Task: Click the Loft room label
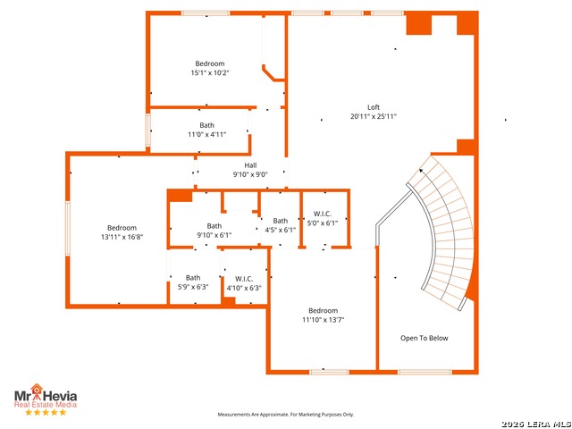point(373,107)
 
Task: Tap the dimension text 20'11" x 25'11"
point(373,117)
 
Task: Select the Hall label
point(250,165)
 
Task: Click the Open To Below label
point(425,338)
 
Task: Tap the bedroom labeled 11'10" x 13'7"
point(323,315)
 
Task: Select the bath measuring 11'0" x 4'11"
point(206,130)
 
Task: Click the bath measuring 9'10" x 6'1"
point(214,231)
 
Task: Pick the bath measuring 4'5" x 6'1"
point(281,225)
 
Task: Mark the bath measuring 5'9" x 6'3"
point(193,282)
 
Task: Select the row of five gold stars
point(46,412)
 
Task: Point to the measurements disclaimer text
point(286,415)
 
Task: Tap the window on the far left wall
point(67,229)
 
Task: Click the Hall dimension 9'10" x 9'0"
point(250,175)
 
